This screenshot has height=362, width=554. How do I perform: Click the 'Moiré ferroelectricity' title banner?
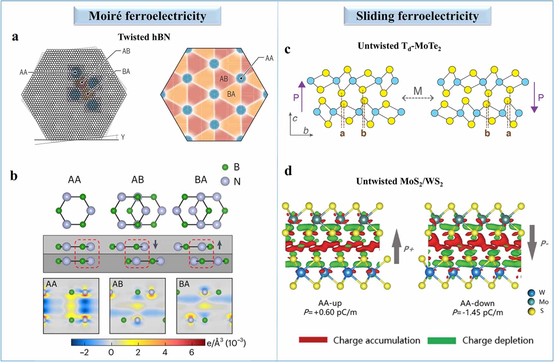point(147,16)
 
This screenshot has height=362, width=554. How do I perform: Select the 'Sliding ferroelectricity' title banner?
point(417,16)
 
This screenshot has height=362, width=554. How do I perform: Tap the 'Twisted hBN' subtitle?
point(144,37)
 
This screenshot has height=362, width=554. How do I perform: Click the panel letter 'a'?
point(15,37)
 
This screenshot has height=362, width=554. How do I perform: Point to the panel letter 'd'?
point(288,171)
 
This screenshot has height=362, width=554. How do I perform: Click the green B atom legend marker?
point(225,167)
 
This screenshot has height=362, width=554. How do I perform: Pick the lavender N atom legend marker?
point(225,181)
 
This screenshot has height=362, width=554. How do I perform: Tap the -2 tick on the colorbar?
point(84,352)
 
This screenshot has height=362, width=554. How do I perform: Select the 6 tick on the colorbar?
point(192,352)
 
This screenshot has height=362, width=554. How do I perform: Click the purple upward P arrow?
point(302,96)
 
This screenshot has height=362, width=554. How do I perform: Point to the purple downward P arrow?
point(534,97)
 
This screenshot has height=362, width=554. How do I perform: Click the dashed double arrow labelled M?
point(418,98)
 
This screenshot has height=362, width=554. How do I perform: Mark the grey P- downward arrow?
point(532,242)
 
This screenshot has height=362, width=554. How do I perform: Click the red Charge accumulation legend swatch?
point(313,340)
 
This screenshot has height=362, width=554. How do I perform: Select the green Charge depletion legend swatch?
point(442,340)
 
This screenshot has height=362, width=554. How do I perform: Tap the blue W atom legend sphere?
point(532,293)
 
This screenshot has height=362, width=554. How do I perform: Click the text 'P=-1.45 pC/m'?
point(478,312)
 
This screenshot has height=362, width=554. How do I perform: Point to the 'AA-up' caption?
point(330,303)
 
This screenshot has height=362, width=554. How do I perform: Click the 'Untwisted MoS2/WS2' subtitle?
point(399,182)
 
